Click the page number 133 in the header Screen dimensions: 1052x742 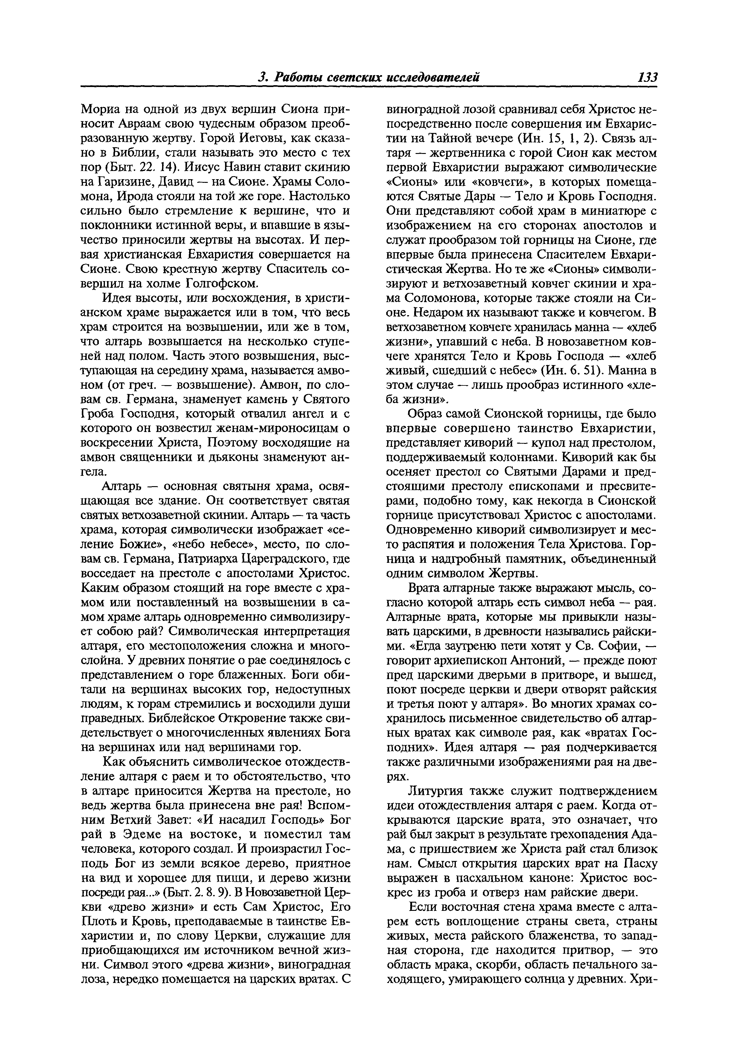coord(647,78)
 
